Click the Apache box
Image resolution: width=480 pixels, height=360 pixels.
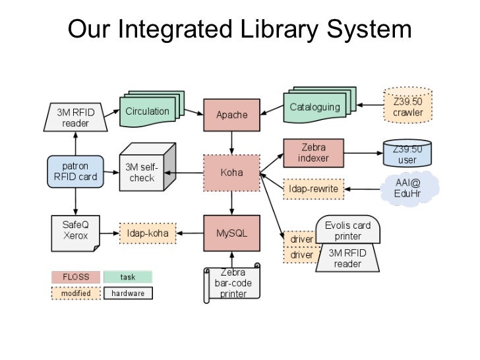click(x=232, y=115)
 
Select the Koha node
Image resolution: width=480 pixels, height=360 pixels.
click(x=231, y=173)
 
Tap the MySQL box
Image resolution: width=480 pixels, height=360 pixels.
click(x=231, y=233)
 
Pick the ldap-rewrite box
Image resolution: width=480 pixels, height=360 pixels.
click(x=314, y=189)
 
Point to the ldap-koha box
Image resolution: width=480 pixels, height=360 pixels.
click(x=148, y=233)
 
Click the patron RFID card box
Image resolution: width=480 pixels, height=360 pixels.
click(x=75, y=171)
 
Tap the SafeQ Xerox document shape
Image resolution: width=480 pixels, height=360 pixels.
click(x=75, y=232)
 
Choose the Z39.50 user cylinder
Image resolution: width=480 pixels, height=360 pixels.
click(x=408, y=154)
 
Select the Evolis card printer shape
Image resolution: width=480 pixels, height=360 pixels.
click(x=347, y=231)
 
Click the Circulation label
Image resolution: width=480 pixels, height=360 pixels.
click(x=147, y=111)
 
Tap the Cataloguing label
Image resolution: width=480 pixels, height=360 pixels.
click(x=315, y=107)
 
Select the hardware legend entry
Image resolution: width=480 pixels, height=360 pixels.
click(x=128, y=293)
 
